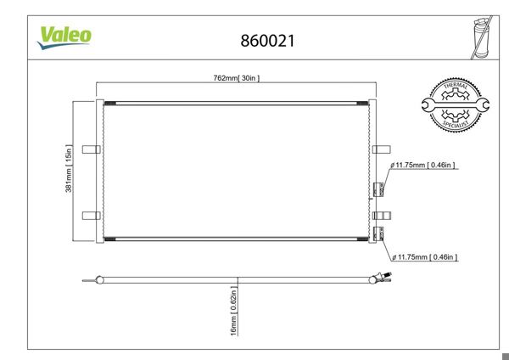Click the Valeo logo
coord(64,37)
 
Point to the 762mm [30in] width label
coord(236,78)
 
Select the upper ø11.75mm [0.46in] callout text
coord(423,165)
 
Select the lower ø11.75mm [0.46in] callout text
coord(423,256)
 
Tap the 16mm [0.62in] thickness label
coord(233,313)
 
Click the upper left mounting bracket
coord(91,149)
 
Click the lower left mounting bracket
coord(91,216)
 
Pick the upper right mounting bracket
coord(380,149)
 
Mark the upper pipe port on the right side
coord(379,189)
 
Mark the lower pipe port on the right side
coord(379,233)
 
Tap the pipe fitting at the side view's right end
coord(378,277)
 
